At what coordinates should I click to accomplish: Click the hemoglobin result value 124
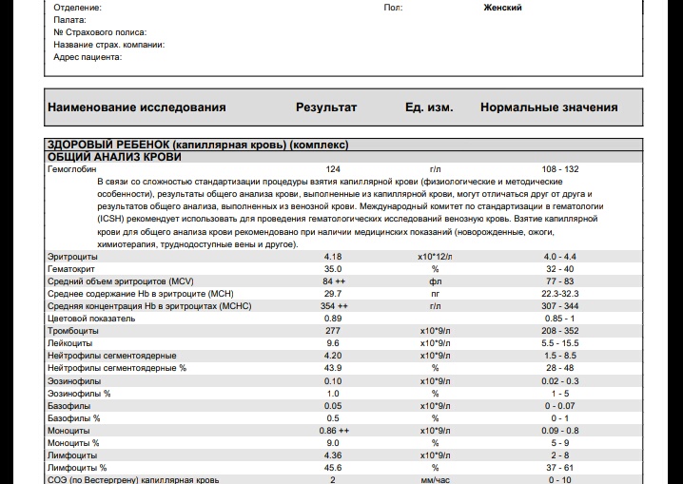332,168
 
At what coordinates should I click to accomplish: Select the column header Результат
326,107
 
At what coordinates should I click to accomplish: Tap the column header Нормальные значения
549,107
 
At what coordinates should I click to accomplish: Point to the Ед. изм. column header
429,107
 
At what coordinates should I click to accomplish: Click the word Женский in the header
502,8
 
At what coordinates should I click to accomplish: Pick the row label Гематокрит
71,269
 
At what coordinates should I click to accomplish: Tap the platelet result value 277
332,331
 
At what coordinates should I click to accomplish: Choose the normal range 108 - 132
560,168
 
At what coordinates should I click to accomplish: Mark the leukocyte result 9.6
332,343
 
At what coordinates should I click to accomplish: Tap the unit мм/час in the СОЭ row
436,479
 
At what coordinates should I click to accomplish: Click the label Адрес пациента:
88,57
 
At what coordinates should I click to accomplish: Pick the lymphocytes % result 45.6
333,467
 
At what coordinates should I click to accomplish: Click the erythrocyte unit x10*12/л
436,257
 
